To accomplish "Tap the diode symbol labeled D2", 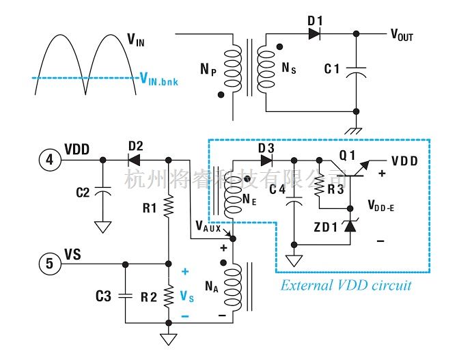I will point(135,161).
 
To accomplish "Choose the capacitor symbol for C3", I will point(125,296).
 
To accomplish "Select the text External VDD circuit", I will point(346,285).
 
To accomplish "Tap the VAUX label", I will point(208,226).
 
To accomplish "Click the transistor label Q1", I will point(348,155).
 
